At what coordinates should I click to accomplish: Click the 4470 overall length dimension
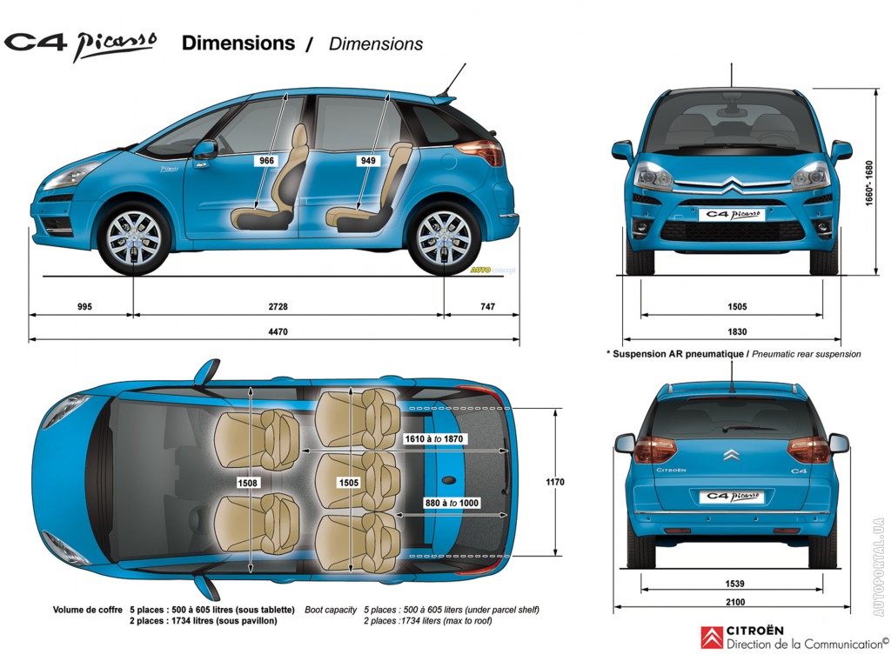click(278, 331)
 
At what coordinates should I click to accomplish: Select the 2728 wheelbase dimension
click(278, 307)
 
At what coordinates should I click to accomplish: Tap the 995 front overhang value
click(84, 307)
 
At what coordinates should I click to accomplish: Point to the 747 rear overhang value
click(487, 307)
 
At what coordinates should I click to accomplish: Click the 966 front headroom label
click(266, 161)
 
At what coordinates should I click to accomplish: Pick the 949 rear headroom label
click(368, 161)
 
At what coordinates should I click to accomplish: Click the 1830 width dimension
click(737, 331)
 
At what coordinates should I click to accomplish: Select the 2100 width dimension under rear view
click(734, 602)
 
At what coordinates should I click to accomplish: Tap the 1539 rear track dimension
click(734, 584)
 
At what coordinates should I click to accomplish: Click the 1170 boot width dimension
click(555, 482)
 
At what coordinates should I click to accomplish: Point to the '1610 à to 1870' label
click(433, 439)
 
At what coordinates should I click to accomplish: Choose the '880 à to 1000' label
click(452, 504)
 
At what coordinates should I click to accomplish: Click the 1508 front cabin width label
click(247, 483)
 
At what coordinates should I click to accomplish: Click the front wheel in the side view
click(133, 238)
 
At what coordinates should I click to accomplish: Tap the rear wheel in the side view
click(444, 238)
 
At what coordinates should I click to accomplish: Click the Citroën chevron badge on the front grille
click(732, 184)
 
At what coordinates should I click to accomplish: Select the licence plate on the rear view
click(732, 497)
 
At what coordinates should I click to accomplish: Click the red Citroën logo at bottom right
click(712, 638)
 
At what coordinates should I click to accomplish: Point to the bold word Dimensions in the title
click(238, 43)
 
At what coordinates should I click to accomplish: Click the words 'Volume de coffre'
click(88, 610)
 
